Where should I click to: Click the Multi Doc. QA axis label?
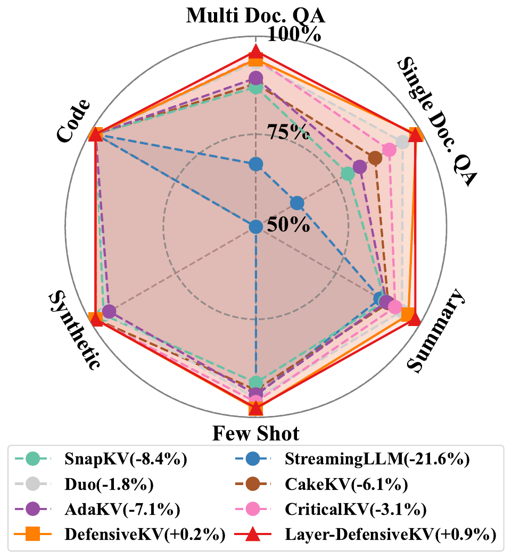tap(255, 15)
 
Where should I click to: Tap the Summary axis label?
tap(436, 330)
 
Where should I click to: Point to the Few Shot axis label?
tap(256, 433)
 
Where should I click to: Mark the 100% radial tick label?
tap(294, 35)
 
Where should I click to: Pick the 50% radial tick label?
tap(288, 224)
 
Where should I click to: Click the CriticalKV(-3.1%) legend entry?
tap(351, 510)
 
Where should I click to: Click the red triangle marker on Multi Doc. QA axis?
tap(256, 52)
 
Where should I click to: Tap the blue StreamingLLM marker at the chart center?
tap(256, 227)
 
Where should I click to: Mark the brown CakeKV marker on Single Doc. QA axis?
tap(375, 158)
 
